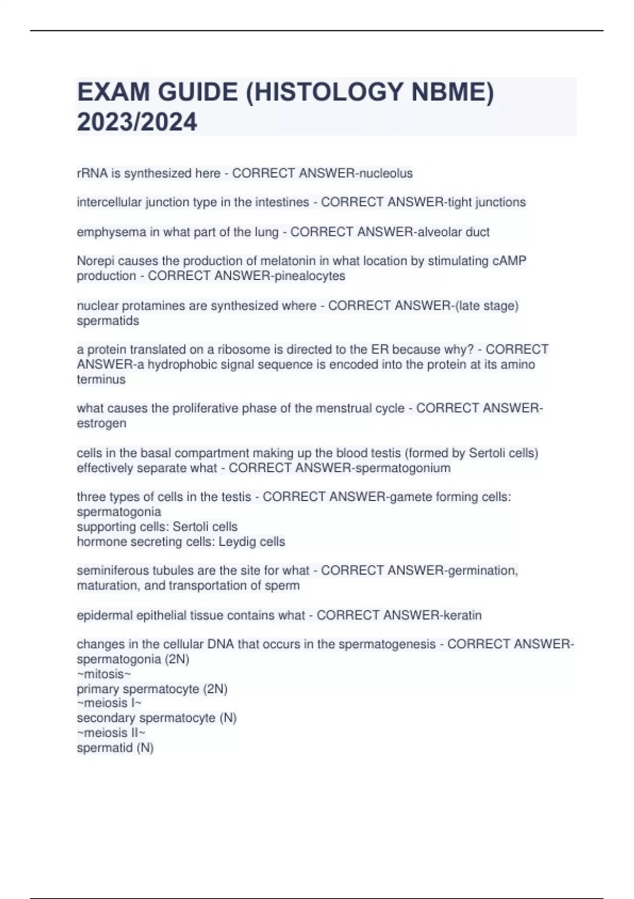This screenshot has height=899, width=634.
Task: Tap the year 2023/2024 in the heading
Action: coord(137,122)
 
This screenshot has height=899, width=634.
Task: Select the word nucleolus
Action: coord(386,173)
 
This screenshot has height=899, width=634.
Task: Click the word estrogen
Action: coord(101,424)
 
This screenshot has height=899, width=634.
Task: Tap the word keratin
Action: coord(462,616)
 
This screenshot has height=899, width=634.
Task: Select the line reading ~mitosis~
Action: coord(104,674)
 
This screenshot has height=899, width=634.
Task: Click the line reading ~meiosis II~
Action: coord(111,733)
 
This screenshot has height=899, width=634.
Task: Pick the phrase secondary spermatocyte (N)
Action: coord(156,718)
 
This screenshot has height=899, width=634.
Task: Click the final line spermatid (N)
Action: coord(115,748)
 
